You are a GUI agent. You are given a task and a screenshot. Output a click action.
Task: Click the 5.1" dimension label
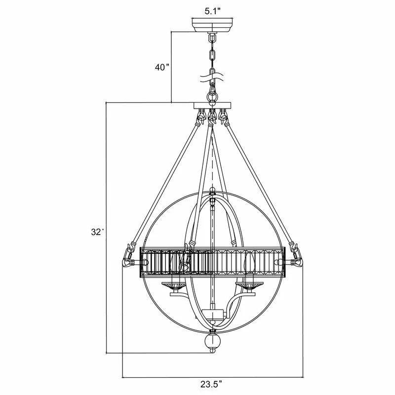click(212, 11)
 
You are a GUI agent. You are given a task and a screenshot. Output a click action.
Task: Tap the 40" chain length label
click(162, 67)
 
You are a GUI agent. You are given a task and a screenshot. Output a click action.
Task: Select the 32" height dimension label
click(98, 232)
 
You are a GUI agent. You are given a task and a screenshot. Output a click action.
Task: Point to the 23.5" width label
click(212, 384)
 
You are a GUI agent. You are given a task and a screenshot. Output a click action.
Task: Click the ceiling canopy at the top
click(212, 25)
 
